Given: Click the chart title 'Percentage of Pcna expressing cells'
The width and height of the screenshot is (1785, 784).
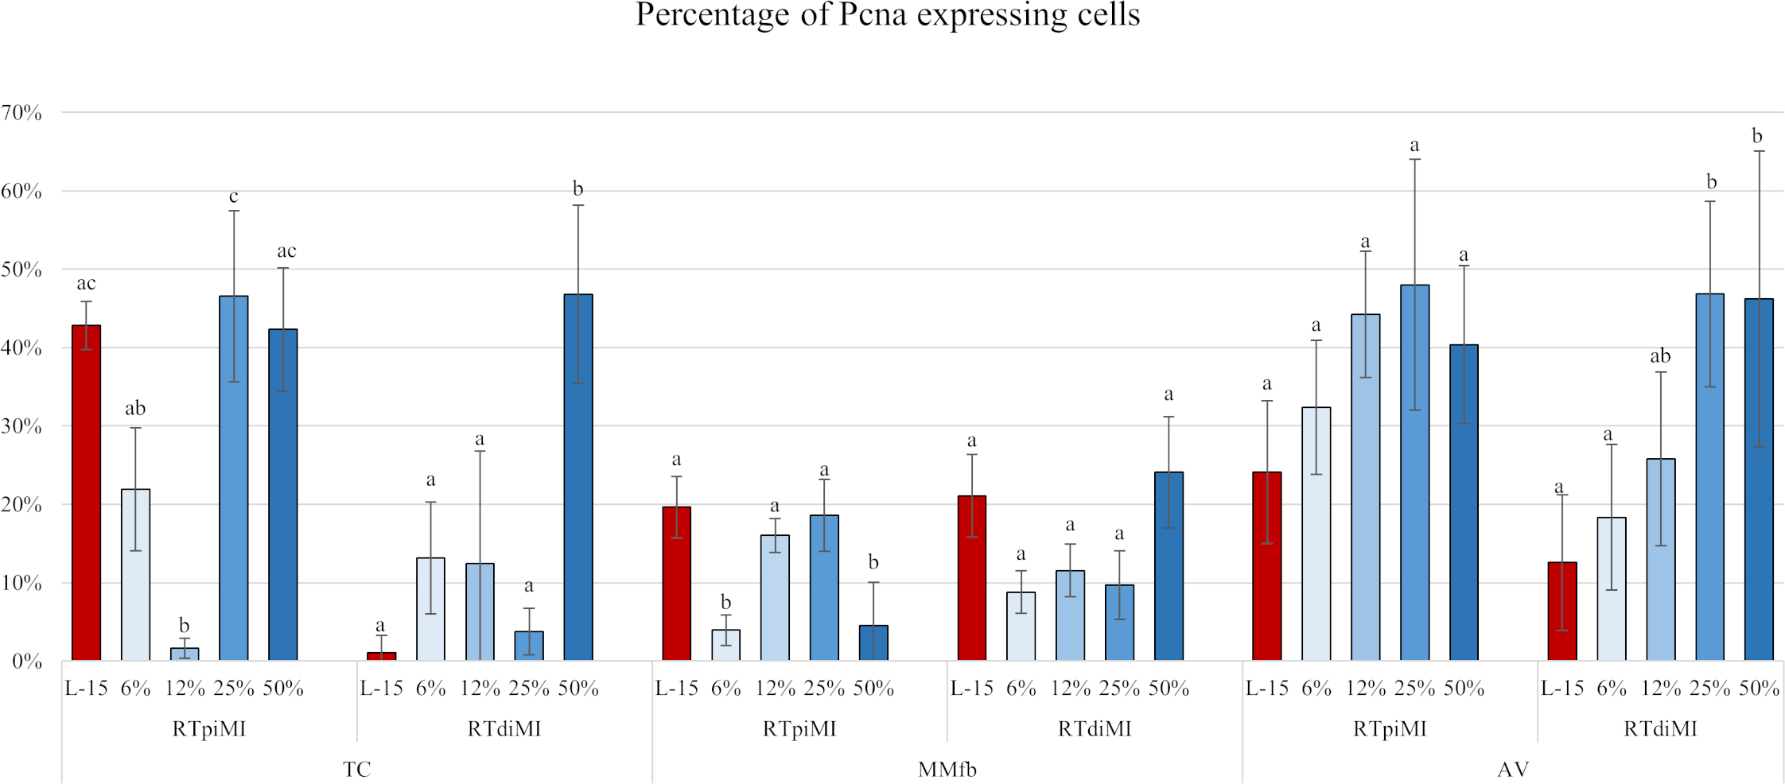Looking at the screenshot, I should click(888, 14).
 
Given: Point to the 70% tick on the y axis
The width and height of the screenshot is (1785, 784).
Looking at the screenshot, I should click(21, 113).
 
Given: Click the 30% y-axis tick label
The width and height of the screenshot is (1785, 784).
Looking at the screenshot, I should click(21, 426).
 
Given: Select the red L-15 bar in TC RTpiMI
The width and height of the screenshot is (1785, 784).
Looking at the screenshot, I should click(86, 493).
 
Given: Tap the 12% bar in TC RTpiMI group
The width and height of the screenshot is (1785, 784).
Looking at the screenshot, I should click(185, 654).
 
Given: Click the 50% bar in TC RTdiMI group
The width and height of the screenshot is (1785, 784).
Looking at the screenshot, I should click(578, 477).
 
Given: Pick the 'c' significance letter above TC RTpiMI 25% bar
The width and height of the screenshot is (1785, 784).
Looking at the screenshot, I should click(234, 196).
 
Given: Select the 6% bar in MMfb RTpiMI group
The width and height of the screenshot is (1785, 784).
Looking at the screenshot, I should click(725, 645).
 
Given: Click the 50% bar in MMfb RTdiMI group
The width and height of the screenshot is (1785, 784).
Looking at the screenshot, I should click(1169, 566).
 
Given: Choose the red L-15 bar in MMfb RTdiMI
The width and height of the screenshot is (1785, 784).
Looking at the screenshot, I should click(972, 578).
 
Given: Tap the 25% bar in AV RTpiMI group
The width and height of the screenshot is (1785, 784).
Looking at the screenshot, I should click(1414, 473).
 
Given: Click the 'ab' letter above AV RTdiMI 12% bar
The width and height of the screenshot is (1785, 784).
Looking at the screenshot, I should click(1660, 356).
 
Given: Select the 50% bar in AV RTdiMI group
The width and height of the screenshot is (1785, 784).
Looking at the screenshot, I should click(1759, 479).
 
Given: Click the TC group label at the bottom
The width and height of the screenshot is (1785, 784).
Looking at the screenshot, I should click(356, 769).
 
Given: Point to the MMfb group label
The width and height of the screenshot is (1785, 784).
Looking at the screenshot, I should click(947, 769).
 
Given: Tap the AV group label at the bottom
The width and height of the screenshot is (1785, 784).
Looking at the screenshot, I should click(1513, 769).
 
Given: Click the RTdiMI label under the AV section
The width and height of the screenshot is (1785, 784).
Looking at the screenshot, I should click(1660, 728).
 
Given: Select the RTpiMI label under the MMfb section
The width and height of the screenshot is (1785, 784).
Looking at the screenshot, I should click(799, 728).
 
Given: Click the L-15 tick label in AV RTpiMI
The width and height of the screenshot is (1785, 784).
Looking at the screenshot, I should click(1266, 689).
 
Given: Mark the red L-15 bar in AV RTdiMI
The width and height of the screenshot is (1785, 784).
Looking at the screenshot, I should click(1562, 611).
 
